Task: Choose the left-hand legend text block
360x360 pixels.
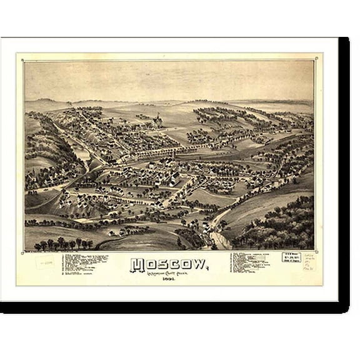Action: point(84,263)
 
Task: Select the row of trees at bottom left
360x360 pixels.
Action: point(62,242)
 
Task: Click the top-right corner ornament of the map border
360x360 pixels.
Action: point(316,60)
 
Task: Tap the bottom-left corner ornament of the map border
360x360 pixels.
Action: point(24,250)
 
